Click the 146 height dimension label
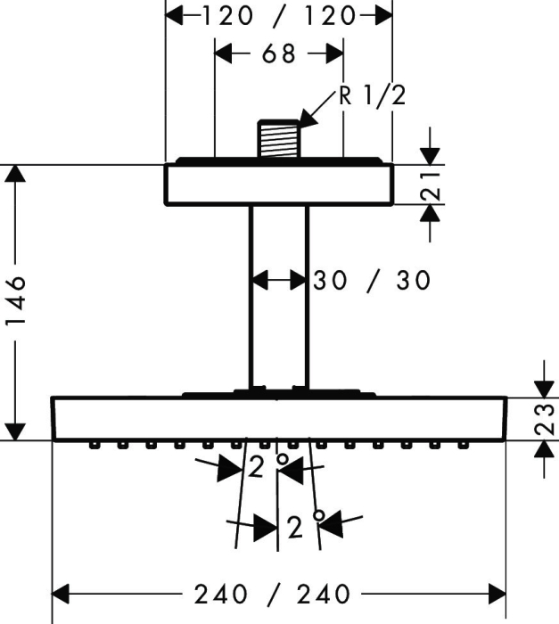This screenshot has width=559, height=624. tap(16, 300)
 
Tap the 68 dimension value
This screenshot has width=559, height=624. tap(279, 53)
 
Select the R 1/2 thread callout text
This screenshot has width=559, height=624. tap(373, 95)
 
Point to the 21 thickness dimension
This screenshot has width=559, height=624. tap(431, 185)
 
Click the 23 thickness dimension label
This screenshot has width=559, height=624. tap(544, 419)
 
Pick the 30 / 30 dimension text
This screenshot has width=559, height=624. tap(372, 280)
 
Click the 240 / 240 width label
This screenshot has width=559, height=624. tap(272, 595)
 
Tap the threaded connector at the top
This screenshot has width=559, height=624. tap(279, 138)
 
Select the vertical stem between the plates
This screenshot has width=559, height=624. tap(279, 297)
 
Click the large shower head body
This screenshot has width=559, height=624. tap(279, 419)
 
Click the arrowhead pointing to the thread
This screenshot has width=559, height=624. tap(308, 119)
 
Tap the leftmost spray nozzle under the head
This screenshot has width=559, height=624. tap(94, 445)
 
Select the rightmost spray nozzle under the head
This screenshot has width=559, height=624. tap(462, 445)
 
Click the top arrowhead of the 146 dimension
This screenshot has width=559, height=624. tap(15, 173)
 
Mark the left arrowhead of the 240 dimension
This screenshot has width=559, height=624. tap(61, 595)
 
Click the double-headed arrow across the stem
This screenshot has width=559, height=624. tap(279, 280)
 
